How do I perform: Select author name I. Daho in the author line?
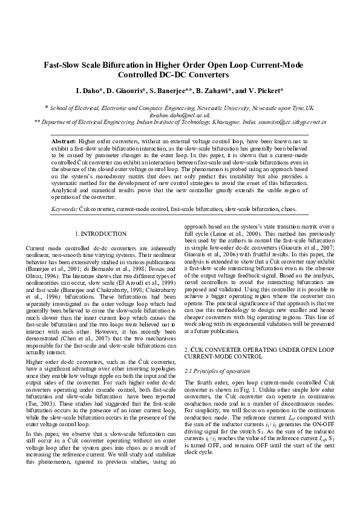(89, 91)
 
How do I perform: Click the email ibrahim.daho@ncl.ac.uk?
(180, 114)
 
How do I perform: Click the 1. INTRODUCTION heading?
(100, 234)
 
